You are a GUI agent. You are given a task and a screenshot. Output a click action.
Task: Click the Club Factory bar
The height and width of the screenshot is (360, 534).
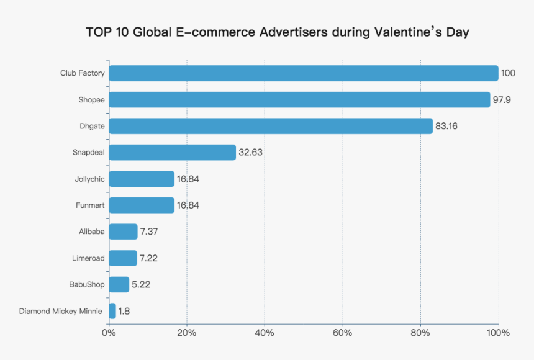point(303,73)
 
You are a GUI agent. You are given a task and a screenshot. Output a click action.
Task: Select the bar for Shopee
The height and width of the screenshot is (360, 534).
point(299,99)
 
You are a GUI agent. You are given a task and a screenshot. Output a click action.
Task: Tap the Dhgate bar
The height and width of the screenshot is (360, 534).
point(270,126)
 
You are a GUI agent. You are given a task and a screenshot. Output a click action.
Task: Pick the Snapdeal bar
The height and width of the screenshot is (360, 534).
point(172,152)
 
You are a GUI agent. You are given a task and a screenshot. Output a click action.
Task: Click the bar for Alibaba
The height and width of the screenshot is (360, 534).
point(123,232)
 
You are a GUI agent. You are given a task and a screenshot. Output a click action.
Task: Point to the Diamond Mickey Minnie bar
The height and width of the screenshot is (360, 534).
point(112,311)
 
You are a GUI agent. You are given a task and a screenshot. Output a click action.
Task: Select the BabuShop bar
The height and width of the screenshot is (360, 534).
point(119,284)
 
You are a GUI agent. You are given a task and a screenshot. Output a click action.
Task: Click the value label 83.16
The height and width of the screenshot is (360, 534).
point(448,126)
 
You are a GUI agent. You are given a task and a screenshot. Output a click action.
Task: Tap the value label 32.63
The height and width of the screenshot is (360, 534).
point(251,153)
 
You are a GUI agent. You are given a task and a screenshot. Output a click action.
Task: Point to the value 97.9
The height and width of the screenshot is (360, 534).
point(502,100)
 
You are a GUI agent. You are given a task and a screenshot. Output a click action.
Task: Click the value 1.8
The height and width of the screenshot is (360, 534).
point(124,311)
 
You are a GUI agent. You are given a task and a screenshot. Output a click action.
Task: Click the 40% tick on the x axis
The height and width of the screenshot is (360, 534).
point(265,333)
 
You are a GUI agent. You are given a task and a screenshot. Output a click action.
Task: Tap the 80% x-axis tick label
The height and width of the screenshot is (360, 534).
point(420,333)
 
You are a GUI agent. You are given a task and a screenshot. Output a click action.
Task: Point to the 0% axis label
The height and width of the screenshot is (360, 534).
point(109,333)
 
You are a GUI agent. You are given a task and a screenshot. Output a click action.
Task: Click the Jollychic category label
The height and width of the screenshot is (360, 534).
point(89,179)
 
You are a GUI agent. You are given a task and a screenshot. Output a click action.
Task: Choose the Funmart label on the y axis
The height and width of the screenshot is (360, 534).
point(90,205)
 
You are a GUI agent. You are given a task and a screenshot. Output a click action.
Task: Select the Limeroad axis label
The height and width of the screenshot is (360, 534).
point(88,258)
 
